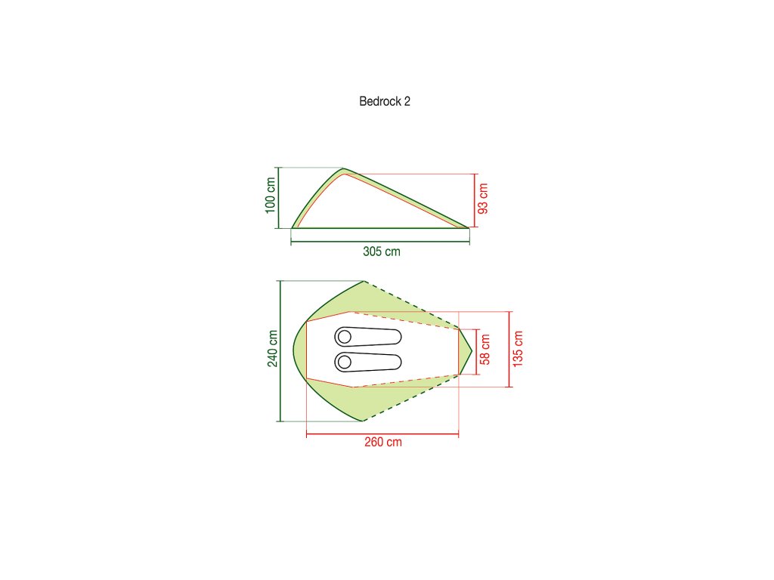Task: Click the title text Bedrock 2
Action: point(385,101)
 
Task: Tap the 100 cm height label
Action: point(270,196)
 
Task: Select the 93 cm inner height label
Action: point(483,199)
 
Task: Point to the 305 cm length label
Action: point(382,251)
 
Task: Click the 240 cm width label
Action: point(272,349)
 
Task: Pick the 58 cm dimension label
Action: point(485,349)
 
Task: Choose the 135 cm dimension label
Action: point(517,349)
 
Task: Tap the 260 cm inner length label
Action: point(383,442)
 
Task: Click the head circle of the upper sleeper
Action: point(345,337)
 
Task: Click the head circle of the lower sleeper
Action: point(345,362)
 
